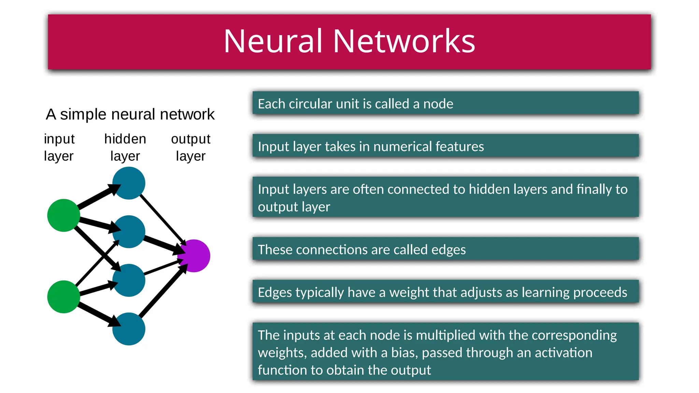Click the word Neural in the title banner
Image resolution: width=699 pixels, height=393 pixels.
(273, 41)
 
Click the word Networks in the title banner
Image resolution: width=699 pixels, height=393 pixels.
(404, 41)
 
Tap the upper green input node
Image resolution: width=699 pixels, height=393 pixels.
(63, 215)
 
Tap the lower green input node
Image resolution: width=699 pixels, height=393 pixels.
(63, 297)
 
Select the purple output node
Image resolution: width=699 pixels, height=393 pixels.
(194, 256)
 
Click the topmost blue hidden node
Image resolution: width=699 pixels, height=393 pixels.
(129, 183)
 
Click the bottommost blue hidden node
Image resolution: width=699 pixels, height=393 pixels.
(129, 329)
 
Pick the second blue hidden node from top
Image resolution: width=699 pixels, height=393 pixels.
(129, 232)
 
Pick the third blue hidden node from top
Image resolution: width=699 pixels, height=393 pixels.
(129, 280)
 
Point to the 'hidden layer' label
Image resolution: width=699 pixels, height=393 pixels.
(125, 147)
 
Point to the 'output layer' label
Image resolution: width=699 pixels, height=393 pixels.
(190, 147)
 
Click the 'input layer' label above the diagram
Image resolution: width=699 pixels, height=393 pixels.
(59, 147)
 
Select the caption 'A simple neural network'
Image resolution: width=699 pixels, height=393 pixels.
(130, 114)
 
